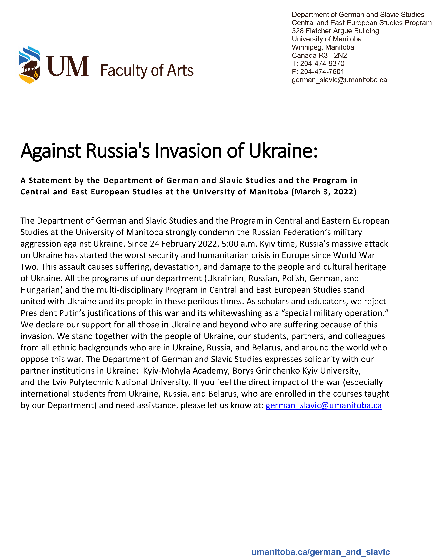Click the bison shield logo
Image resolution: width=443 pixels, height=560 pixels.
pyautogui.click(x=30, y=65)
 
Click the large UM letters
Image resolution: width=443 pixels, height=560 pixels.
pyautogui.click(x=68, y=67)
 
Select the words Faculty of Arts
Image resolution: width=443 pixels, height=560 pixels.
pyautogui.click(x=147, y=70)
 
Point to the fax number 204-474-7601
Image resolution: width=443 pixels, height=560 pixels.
pyautogui.click(x=322, y=72)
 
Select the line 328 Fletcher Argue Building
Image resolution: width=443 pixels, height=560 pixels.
pyautogui.click(x=335, y=31)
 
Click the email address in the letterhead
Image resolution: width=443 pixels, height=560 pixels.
pyautogui.click(x=339, y=80)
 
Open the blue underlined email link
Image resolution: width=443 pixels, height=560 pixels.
pyautogui.click(x=324, y=405)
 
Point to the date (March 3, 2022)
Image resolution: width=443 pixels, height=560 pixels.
pyautogui.click(x=324, y=192)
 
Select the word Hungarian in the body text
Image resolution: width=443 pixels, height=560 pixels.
pyautogui.click(x=42, y=290)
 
